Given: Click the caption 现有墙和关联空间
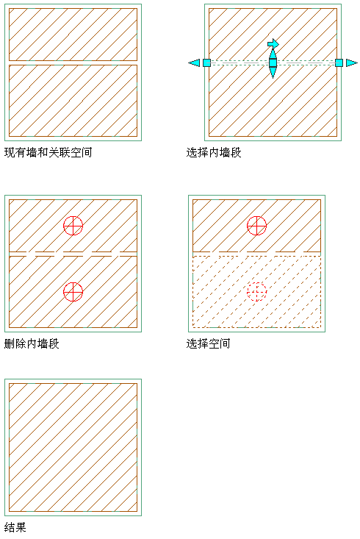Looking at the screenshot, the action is coord(48,152).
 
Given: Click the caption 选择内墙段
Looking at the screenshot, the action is coord(214,152).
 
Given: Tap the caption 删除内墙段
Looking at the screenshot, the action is coord(32,343).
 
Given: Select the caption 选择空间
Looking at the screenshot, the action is coord(208,343).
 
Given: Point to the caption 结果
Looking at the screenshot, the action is coord(15,527).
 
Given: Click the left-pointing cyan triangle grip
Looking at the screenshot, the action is coord(194,63).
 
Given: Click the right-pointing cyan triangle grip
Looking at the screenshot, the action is coord(352,63).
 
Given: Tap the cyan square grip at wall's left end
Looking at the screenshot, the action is coord(206,63).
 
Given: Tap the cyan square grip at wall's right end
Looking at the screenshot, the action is coord(339,63).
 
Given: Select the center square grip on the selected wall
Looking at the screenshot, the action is coord(273,63).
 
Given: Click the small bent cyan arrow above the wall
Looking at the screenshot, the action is coord(273,43).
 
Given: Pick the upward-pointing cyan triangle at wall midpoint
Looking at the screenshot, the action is coord(273,54).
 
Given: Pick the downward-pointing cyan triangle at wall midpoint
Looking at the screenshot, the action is coord(273,73).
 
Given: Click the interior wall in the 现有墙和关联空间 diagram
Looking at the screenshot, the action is coord(73,63).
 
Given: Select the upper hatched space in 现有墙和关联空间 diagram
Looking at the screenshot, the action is coord(73,35).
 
